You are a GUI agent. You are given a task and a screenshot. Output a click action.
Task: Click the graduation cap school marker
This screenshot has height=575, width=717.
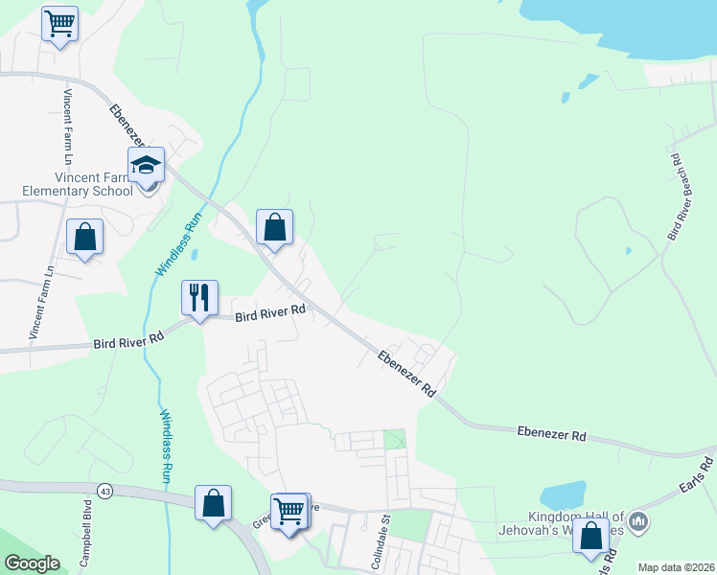(147, 166)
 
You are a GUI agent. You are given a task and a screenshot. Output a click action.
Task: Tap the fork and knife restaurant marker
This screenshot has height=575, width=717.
(200, 297)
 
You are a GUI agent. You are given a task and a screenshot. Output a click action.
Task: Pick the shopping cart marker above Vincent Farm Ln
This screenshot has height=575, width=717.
(60, 23)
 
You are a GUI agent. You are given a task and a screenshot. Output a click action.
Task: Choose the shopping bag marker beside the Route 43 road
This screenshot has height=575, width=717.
(213, 503)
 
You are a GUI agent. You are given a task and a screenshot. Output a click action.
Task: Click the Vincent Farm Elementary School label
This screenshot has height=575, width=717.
(80, 184)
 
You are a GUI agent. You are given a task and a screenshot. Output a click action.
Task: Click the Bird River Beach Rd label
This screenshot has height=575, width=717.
(680, 196)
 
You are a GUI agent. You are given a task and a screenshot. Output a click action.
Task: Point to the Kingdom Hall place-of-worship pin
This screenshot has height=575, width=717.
(642, 522)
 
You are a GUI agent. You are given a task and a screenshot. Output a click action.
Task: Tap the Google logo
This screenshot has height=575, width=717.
(32, 563)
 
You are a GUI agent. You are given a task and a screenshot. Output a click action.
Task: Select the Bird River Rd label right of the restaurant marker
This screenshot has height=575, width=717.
(269, 311)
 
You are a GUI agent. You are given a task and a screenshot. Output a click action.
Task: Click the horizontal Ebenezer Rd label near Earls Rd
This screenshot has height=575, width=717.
(551, 434)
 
